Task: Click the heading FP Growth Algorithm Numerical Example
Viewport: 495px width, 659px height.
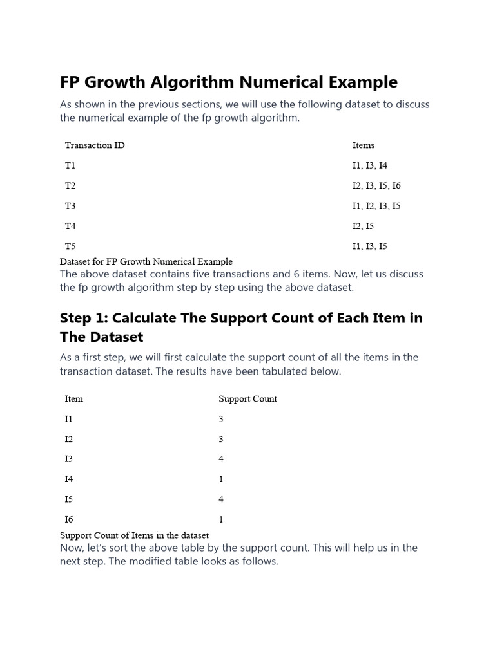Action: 229,82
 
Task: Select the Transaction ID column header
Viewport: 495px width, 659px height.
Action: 95,145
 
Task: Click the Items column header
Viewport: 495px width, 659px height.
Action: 363,145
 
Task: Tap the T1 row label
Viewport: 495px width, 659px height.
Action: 70,165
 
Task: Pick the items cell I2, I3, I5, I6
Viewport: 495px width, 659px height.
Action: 376,186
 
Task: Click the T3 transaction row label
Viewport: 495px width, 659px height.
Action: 70,206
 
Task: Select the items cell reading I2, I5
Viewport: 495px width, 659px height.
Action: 363,226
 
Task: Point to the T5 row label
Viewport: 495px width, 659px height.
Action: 70,246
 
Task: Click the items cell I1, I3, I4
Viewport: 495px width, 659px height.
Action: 370,165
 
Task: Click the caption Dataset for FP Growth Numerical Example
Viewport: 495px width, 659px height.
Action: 146,262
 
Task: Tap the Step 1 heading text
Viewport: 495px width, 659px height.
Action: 241,328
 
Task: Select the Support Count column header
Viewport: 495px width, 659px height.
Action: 247,399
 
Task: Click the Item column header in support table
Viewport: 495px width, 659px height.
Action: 74,399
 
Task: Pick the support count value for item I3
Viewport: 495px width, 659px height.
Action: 221,459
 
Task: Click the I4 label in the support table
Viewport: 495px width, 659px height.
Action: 69,479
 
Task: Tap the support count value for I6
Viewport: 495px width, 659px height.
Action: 221,519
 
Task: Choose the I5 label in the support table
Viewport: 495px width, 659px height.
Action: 69,499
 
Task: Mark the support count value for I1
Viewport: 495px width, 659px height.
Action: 221,419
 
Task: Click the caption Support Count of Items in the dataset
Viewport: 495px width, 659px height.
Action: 134,535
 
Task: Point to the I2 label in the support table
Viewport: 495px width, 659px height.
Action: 69,440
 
